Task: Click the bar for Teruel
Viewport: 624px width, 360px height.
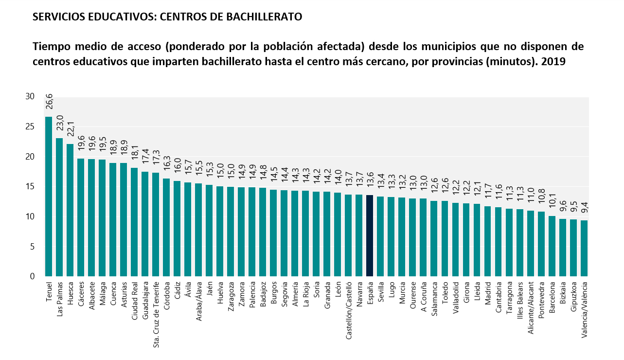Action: tap(49, 197)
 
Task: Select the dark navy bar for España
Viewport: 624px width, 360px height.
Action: tap(370, 235)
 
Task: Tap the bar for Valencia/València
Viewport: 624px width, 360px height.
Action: tap(584, 248)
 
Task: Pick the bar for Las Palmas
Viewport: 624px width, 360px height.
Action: tap(59, 207)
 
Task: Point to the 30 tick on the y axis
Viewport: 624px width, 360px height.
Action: tap(30, 97)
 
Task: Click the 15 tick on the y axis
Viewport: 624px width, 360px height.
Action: tap(30, 186)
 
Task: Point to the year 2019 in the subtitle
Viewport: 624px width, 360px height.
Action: tap(553, 62)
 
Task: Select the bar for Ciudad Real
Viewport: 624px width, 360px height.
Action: tap(134, 222)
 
